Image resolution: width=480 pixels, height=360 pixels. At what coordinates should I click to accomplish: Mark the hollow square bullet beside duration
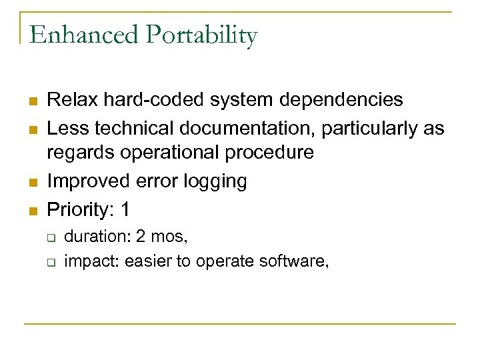pyautogui.click(x=50, y=236)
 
